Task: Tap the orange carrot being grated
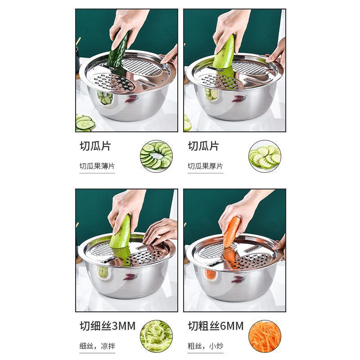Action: pyautogui.click(x=232, y=231)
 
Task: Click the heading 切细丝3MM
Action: pyautogui.click(x=108, y=326)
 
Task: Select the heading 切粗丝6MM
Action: pyautogui.click(x=216, y=326)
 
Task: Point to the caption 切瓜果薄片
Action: pyautogui.click(x=97, y=166)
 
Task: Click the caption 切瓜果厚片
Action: pyautogui.click(x=205, y=166)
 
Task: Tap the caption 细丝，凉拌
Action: pyautogui.click(x=97, y=346)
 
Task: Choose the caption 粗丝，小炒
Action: pyautogui.click(x=205, y=346)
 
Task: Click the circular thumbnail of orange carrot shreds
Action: pyautogui.click(x=265, y=336)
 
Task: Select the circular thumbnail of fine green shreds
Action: pyautogui.click(x=156, y=336)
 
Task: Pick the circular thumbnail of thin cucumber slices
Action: pyautogui.click(x=156, y=156)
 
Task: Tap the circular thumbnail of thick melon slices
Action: pyautogui.click(x=265, y=156)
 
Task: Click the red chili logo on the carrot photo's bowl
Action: pyautogui.click(x=238, y=279)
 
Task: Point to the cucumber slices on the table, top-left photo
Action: pyautogui.click(x=85, y=122)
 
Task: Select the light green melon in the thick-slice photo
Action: pyautogui.click(x=225, y=53)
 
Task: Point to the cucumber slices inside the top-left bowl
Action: pyautogui.click(x=105, y=98)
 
